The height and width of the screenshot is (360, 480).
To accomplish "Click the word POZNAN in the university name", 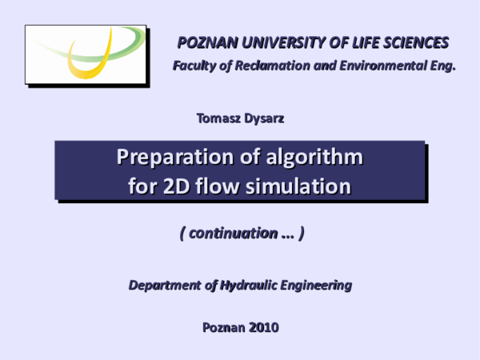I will coord(205,42).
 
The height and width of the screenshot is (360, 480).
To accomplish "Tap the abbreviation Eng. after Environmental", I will coord(440,66).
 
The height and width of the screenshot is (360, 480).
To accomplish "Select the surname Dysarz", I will coord(265,118).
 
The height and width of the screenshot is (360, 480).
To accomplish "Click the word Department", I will coord(167,285).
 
